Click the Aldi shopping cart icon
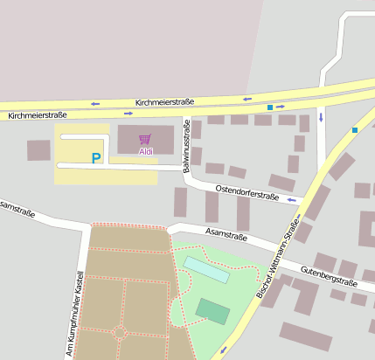(x=144, y=139)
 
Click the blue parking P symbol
(x=96, y=158)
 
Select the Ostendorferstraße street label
(x=247, y=192)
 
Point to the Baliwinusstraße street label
(x=186, y=145)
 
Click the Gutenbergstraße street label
(x=329, y=276)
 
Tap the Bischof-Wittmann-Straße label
(x=277, y=258)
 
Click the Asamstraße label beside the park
(x=226, y=235)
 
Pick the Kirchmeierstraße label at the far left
(x=38, y=114)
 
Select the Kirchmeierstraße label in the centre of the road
(x=164, y=101)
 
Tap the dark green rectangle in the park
(x=212, y=310)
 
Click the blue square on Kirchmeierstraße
(x=270, y=107)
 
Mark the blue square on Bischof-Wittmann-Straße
(x=355, y=130)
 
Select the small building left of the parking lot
(x=38, y=150)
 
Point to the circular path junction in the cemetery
(x=121, y=332)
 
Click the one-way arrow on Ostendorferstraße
(x=292, y=200)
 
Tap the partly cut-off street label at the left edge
(x=17, y=208)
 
